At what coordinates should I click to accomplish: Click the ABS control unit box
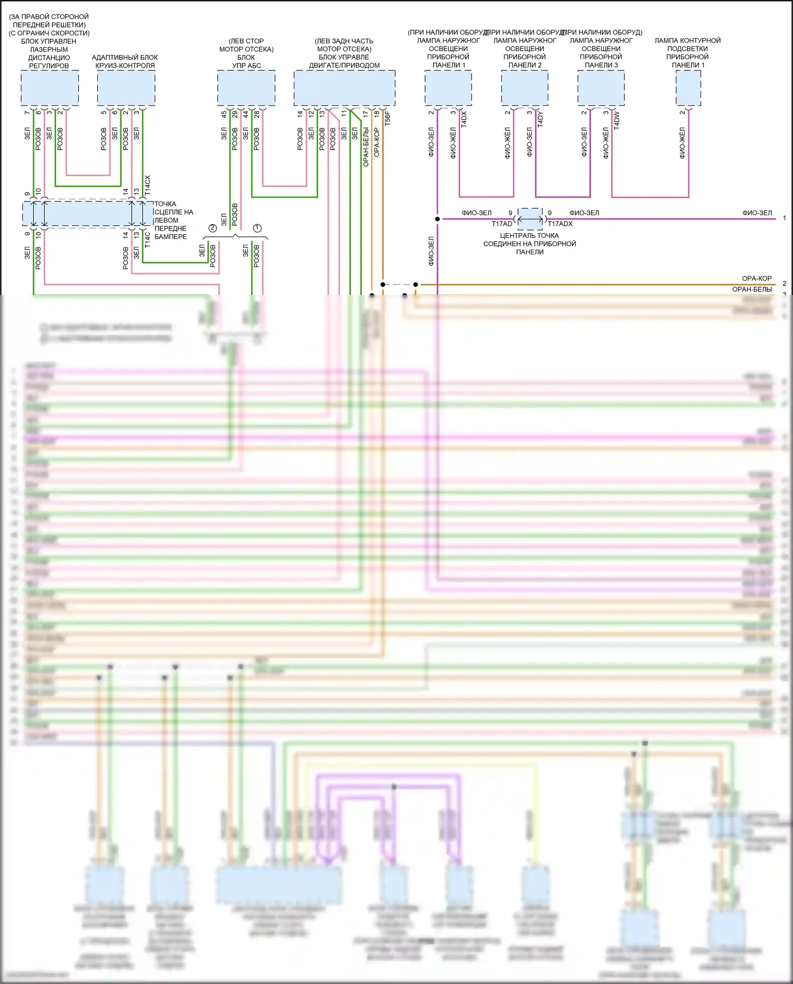coord(246,88)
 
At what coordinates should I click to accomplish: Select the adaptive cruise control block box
coord(126,88)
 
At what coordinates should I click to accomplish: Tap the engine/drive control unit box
coord(344,88)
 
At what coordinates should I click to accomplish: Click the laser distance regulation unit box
coord(50,88)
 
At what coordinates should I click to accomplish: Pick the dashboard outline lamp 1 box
coord(688,88)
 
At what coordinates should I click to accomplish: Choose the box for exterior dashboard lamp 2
coord(524,88)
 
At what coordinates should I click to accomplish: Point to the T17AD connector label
coord(502,224)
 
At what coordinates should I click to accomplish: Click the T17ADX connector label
coord(560,224)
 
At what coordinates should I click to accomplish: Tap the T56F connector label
coord(388,118)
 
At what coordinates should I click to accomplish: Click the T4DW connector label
coord(617,120)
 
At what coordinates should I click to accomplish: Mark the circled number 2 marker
coord(213,228)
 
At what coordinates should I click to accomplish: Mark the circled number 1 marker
coord(257,228)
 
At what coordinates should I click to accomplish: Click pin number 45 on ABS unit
coord(224,114)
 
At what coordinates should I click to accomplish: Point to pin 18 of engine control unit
coord(376,114)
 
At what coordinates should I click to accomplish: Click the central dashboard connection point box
coord(530,218)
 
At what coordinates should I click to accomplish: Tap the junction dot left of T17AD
coord(437,218)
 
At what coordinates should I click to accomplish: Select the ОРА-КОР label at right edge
coord(757,278)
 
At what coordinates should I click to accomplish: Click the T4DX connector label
coord(464,119)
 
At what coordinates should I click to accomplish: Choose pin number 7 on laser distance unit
coord(27,113)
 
